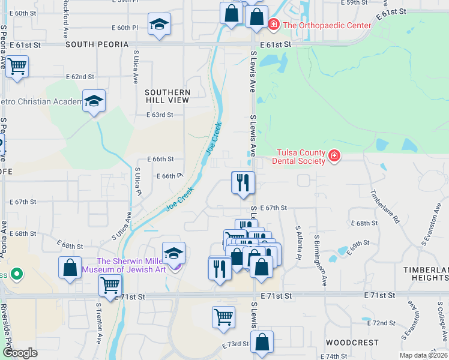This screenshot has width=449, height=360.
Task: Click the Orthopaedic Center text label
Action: [327, 25]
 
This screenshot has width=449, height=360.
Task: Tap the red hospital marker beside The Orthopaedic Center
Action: [274, 25]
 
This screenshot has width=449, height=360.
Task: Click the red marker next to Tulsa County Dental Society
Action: [334, 157]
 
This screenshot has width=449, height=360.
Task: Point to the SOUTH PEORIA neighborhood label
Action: [97, 44]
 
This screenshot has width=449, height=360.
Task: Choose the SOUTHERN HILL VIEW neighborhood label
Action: [167, 96]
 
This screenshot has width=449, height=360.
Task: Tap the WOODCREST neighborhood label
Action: [352, 343]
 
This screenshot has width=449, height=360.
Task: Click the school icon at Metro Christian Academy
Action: [94, 101]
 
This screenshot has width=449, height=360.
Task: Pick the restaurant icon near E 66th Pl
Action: [243, 182]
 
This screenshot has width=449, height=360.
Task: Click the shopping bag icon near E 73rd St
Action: [262, 343]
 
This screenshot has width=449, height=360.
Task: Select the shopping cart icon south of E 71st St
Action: [223, 316]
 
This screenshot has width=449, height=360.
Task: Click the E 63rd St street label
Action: [160, 115]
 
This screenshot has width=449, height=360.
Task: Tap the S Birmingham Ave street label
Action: [320, 252]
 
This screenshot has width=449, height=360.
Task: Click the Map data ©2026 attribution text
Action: [421, 355]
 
